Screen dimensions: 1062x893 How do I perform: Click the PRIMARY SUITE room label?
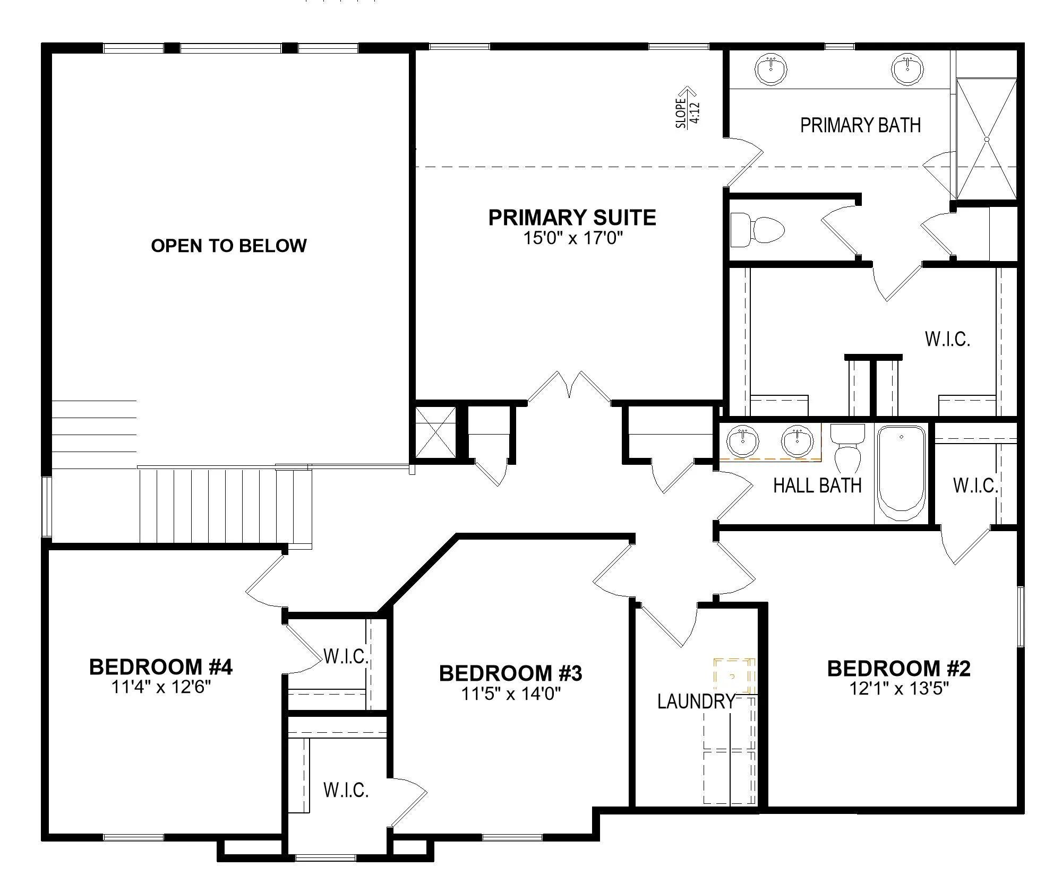pos(572,218)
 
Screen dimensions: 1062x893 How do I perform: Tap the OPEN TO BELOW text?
pos(229,246)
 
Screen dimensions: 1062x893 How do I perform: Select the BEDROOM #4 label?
pos(161,667)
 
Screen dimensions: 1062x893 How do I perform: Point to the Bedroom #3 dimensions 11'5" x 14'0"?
pos(511,693)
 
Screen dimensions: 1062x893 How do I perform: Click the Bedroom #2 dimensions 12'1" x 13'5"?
pos(899,689)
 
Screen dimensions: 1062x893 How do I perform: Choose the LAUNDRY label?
pos(696,701)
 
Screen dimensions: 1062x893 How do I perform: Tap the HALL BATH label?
pos(817,485)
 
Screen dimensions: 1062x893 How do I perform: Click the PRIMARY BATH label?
pos(860,125)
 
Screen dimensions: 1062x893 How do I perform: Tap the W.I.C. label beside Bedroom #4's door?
pos(346,657)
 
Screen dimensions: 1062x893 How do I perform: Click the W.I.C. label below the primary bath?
pos(948,339)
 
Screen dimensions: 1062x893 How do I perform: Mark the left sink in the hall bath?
pos(743,441)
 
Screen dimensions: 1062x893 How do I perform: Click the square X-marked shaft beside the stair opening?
pos(435,432)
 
